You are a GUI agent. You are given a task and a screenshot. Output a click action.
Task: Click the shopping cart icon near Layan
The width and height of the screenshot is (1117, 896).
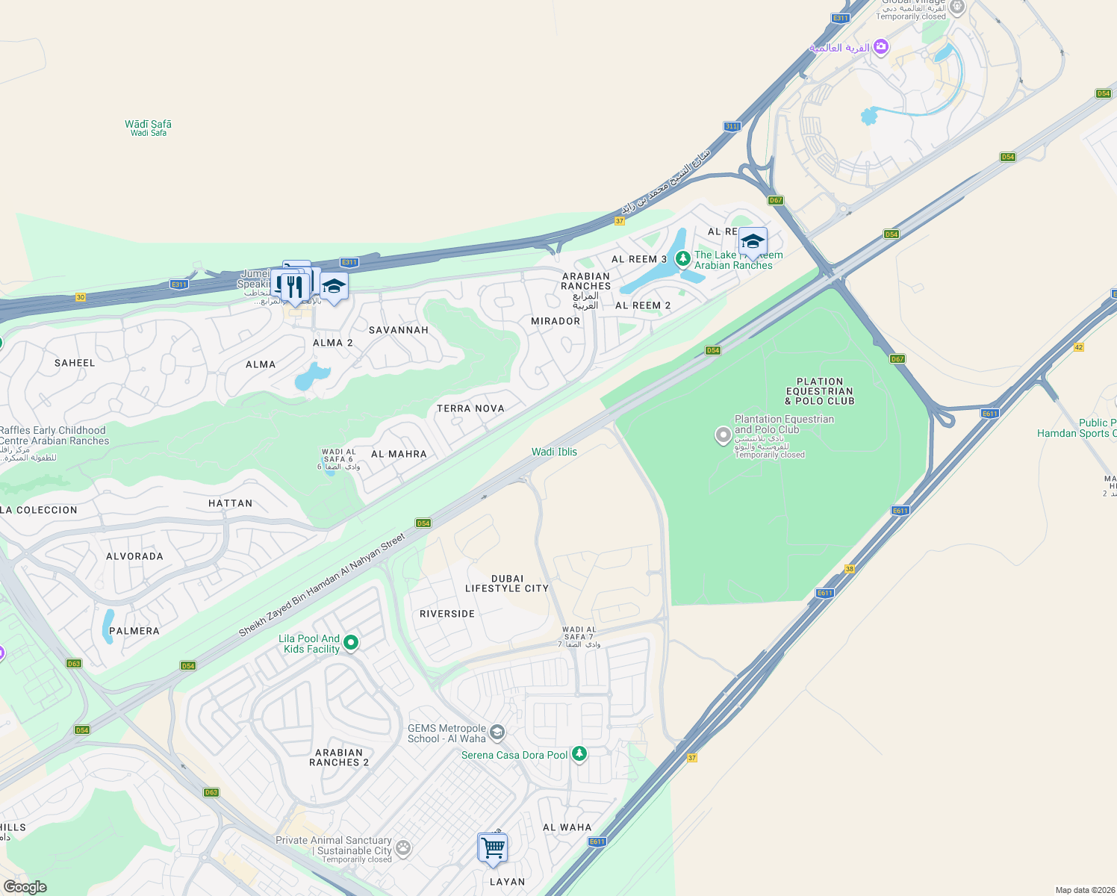[493, 848]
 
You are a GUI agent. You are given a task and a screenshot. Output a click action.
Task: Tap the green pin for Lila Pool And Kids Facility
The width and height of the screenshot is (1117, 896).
[351, 642]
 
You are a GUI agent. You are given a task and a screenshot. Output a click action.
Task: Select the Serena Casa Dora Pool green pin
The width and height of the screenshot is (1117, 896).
[579, 753]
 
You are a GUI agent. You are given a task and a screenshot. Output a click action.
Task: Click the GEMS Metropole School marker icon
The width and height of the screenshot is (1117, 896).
[497, 732]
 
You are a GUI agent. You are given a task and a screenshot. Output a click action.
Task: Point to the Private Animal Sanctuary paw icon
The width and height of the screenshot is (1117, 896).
[403, 847]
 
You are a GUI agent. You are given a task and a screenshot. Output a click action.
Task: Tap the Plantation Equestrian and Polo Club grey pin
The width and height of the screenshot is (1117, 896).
[723, 435]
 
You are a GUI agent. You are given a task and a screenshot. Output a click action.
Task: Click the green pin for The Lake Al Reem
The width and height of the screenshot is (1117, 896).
[682, 258]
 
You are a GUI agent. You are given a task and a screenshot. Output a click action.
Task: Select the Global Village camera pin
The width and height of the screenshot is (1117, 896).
[881, 47]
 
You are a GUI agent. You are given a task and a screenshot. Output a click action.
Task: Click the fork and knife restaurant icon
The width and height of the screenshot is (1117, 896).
[295, 287]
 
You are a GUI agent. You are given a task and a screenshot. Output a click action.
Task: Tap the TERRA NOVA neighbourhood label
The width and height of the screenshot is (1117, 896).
[470, 408]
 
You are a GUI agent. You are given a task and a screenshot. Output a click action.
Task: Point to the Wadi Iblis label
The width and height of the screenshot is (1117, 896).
[554, 452]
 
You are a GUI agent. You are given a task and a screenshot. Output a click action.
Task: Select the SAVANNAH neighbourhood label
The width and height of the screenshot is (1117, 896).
[399, 330]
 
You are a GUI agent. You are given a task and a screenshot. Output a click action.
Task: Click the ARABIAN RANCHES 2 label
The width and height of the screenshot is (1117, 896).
[339, 758]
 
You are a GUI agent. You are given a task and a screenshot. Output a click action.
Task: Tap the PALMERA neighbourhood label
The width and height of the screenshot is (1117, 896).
[134, 631]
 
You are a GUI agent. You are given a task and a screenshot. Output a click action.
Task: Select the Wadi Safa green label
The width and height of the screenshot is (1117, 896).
[148, 128]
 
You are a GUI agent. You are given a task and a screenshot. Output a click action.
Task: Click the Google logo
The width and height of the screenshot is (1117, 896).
[25, 887]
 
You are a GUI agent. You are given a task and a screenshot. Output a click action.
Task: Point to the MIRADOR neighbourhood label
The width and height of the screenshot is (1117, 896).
[556, 321]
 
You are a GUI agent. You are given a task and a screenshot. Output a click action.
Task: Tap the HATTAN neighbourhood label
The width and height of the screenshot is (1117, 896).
[231, 503]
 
